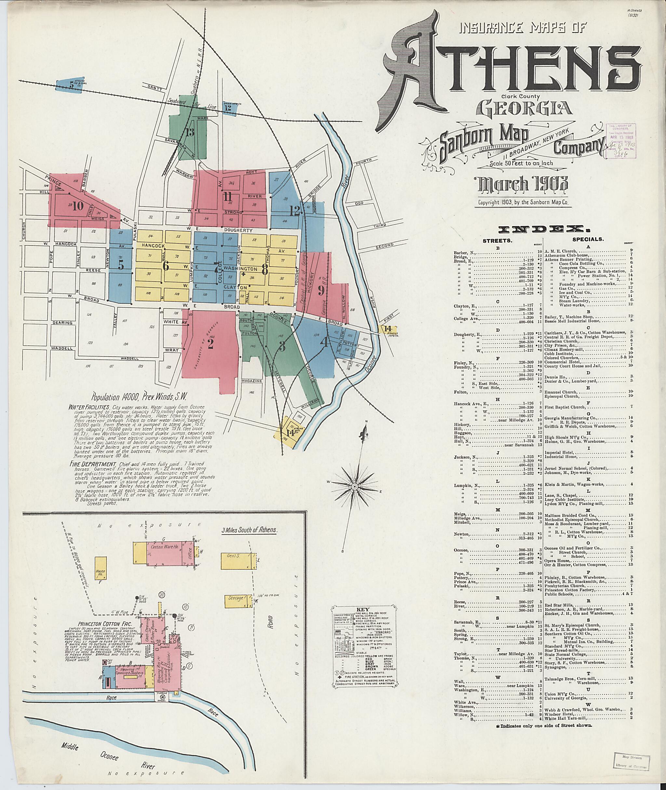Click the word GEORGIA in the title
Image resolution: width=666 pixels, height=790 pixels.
coord(525,108)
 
